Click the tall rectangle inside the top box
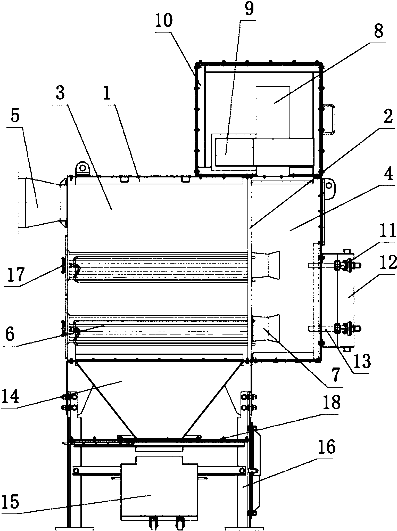(x=273, y=112)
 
